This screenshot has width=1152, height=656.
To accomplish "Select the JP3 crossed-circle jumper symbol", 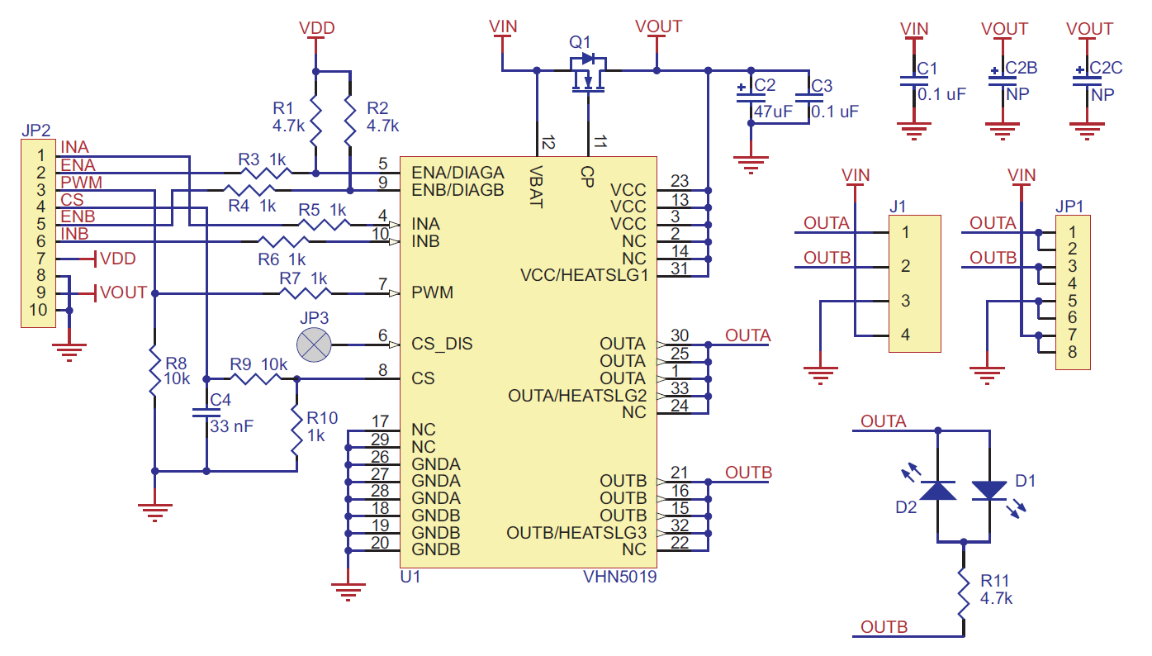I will pos(313,344).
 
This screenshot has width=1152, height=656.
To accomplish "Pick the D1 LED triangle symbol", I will pos(989,491).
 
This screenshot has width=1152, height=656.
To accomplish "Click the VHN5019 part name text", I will pos(619,578).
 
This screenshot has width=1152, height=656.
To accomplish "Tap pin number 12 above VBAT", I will pos(547,143).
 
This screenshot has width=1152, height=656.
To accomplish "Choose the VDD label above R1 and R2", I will pos(317,29).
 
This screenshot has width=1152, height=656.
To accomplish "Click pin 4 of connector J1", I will pos(906,335).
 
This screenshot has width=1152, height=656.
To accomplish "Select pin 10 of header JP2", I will pos(40,311).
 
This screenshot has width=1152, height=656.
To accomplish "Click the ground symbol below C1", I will pos(914,130).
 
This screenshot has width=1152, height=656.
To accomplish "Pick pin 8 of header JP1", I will pos(1072,353).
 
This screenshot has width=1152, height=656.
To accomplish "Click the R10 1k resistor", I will pos(296,432).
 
